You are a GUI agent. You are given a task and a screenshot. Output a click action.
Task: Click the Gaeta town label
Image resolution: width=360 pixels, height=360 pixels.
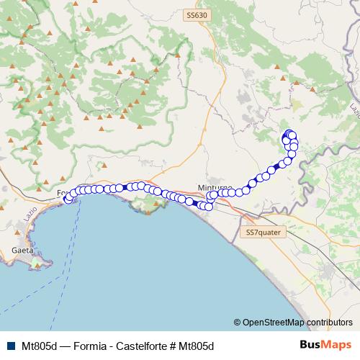click(x=22, y=250)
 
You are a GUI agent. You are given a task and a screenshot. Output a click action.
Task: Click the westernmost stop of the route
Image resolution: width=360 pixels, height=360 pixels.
click(x=68, y=199)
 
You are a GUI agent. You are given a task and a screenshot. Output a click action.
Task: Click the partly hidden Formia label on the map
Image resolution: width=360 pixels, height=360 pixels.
click(x=62, y=193)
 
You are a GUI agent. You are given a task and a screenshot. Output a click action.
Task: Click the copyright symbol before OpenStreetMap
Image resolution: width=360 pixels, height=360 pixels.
click(x=238, y=323)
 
